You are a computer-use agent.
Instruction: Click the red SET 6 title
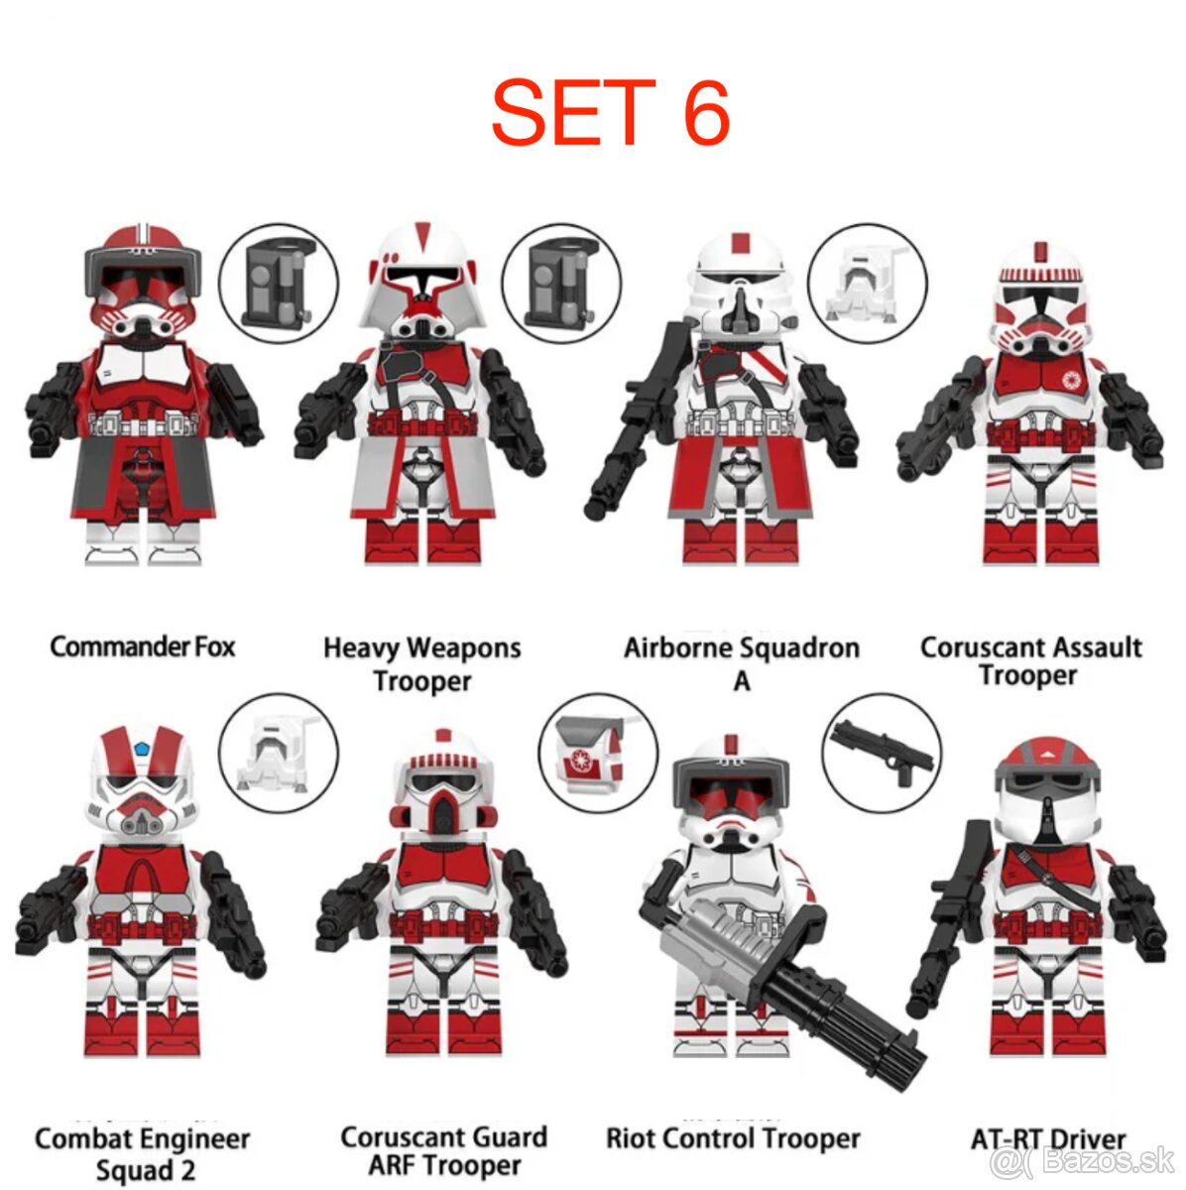click(x=610, y=112)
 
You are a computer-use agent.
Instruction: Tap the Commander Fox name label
click(x=143, y=648)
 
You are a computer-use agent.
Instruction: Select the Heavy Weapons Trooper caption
click(x=421, y=664)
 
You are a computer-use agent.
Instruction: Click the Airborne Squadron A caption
click(x=741, y=663)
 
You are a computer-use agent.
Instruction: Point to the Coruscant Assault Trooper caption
click(x=1030, y=661)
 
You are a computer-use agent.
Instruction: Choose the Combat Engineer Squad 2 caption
click(x=142, y=1153)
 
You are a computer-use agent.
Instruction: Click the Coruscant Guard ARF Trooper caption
click(x=443, y=1150)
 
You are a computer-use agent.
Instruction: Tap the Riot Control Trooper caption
click(x=733, y=1138)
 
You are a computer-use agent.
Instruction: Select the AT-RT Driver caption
click(x=1048, y=1138)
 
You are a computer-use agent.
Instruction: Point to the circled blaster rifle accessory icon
click(x=882, y=755)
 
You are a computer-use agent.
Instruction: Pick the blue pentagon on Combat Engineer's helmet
click(x=143, y=746)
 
